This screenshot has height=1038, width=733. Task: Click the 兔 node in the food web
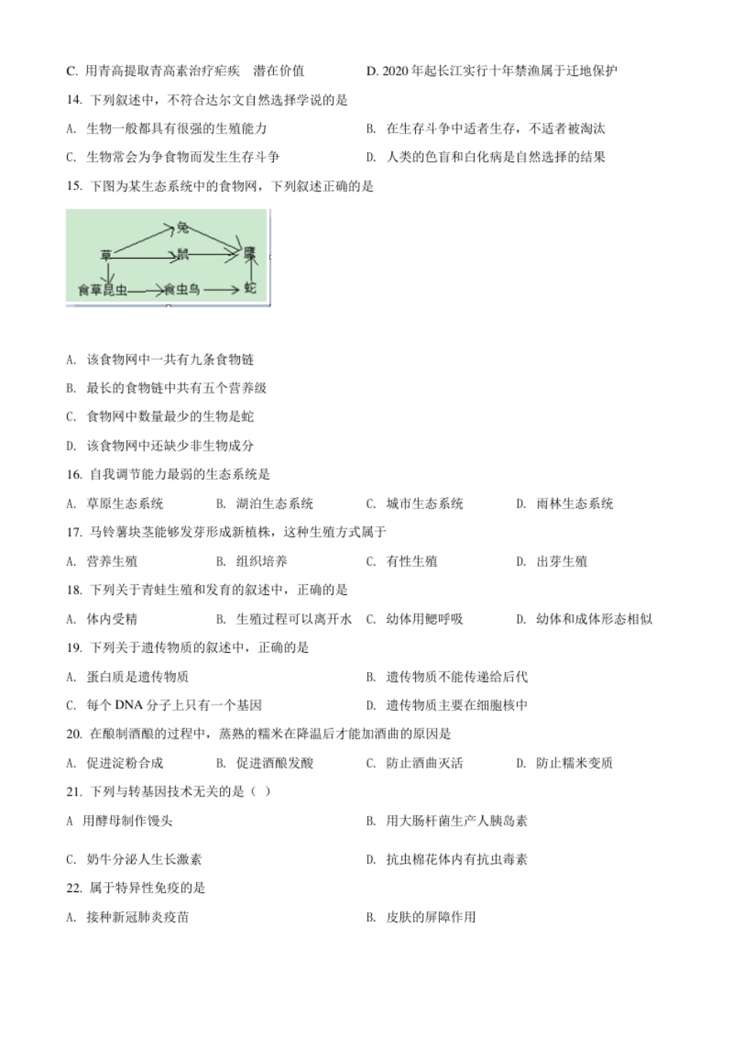182,227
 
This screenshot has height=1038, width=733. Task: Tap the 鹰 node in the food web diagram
249,253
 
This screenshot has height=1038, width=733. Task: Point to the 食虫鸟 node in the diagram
181,289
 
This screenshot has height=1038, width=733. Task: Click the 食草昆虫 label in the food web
102,290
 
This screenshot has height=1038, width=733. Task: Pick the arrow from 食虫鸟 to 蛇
222,289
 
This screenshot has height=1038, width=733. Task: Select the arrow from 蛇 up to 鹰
249,271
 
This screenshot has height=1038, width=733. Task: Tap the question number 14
74,100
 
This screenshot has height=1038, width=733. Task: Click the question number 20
74,734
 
